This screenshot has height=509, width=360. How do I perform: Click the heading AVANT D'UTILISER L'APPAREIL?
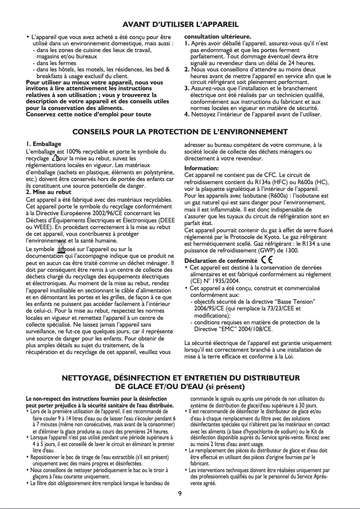pos(180,23)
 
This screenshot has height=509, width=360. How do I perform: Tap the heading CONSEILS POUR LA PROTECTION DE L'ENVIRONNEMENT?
pos(180,132)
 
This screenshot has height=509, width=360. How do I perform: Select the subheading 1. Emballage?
pos(44,144)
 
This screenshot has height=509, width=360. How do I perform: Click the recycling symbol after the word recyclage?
pos(56,159)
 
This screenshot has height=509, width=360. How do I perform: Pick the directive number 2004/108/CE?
pos(255,329)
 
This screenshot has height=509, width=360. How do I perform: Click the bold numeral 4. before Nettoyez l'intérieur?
pos(187,114)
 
